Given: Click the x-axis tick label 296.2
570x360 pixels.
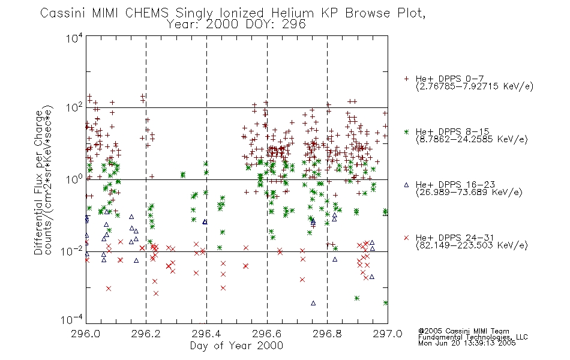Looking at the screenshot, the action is [x=146, y=334].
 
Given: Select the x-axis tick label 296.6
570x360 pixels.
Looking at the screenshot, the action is [x=267, y=334].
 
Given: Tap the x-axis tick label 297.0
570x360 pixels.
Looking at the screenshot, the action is [x=388, y=334].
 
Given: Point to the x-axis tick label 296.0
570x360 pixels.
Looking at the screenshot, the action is [x=85, y=334].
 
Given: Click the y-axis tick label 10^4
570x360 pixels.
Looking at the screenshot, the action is [x=74, y=38].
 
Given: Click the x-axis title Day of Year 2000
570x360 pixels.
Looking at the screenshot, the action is [x=236, y=346].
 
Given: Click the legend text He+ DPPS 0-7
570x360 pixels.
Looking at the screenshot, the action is [x=449, y=79].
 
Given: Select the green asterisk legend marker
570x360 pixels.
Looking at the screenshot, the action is [x=406, y=132].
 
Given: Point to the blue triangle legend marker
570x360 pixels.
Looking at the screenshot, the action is [x=406, y=185].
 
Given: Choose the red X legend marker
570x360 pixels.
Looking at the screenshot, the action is [x=406, y=238].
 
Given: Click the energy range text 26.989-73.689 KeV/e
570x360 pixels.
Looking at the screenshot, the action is [x=469, y=193].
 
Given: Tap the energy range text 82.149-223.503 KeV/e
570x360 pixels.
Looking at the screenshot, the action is [x=472, y=245].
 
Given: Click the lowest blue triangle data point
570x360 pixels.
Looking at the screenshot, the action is [x=313, y=303].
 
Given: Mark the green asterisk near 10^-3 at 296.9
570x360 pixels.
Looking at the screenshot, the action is [x=357, y=298].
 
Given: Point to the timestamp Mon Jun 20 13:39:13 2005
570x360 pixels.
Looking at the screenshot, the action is [x=467, y=343].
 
